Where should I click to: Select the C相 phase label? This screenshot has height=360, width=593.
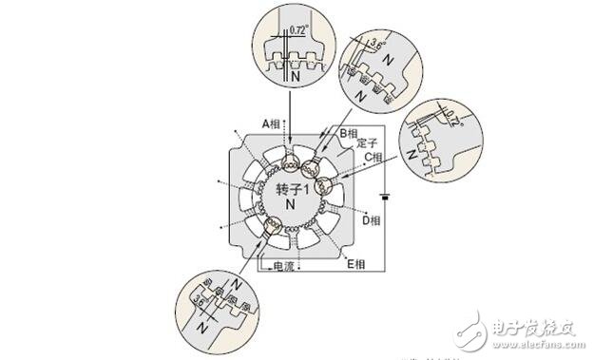372,156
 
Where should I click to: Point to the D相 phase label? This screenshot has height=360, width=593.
372,219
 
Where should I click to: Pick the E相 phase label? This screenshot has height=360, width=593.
356,262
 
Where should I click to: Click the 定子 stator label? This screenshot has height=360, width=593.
354,144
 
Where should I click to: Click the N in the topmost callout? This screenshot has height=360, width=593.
295,71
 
